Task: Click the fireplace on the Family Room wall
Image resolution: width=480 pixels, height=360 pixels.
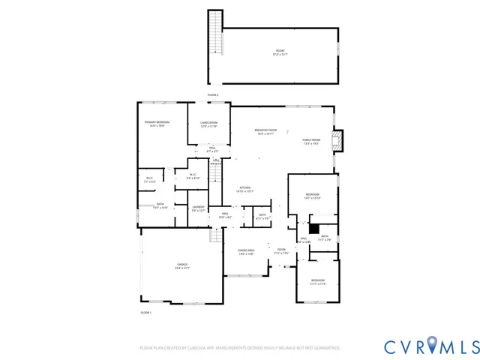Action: coord(340,140)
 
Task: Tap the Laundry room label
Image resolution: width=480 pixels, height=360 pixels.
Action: coord(198,208)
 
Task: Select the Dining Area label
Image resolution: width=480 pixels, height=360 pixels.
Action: coord(246,252)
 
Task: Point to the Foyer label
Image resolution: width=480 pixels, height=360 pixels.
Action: coord(281,250)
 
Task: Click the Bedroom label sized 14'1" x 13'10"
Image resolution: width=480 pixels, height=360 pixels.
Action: coord(313,196)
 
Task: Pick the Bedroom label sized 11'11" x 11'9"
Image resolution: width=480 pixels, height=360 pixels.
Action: coord(319,281)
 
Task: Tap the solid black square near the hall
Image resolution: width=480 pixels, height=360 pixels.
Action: coord(315,228)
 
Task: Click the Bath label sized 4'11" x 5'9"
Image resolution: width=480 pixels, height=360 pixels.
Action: coord(262,217)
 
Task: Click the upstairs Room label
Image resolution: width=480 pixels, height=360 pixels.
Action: coord(279,52)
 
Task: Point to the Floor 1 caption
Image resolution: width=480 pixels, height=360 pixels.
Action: coord(145,312)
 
